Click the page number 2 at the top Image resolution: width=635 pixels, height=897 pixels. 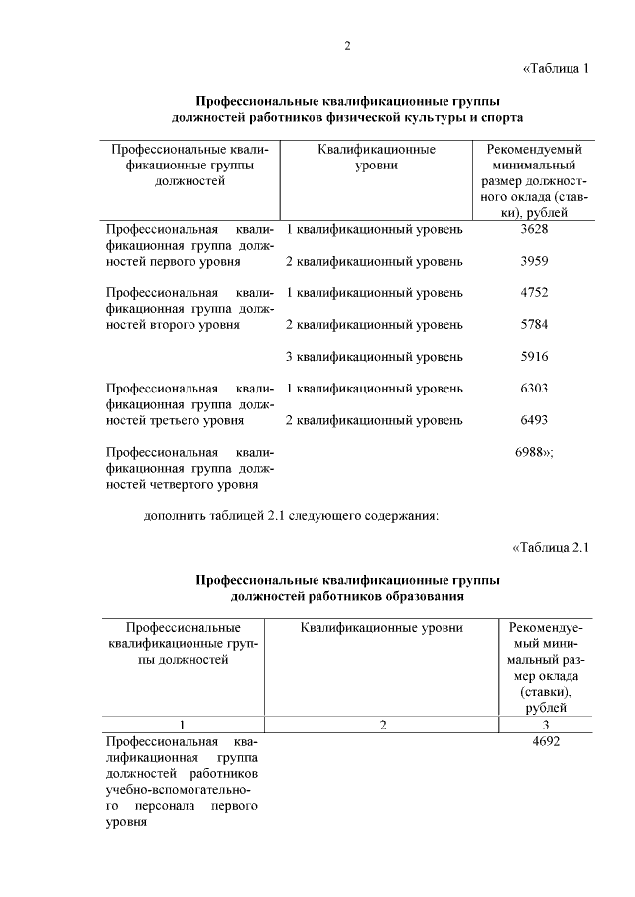347,46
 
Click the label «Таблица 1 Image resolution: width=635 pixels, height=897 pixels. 556,69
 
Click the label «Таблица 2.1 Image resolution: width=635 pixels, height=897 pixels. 551,547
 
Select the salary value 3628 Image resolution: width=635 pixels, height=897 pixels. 534,230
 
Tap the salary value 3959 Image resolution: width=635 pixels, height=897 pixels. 534,262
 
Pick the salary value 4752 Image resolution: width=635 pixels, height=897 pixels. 534,293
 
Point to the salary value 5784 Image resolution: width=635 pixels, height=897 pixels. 534,325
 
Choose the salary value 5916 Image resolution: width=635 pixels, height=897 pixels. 534,357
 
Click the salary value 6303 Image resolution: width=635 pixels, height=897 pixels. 534,389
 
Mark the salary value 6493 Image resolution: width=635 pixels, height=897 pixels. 534,420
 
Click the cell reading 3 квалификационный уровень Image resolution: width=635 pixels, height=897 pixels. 374,357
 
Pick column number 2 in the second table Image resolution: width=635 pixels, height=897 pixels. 382,725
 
